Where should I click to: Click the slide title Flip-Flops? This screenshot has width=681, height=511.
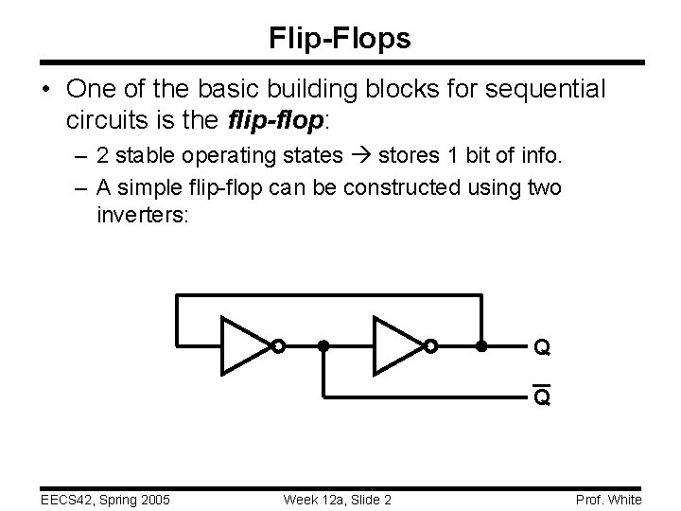point(340,38)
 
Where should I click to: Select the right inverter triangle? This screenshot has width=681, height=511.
point(398,346)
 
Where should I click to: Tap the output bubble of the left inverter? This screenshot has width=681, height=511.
point(277,346)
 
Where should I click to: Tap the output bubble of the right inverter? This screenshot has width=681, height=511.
point(430,346)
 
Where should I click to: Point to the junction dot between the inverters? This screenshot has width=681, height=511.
point(323,346)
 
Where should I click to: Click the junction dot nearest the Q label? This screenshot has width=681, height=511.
point(480,346)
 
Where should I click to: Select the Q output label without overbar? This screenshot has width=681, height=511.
point(542,348)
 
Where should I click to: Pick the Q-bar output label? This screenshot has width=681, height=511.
point(542,397)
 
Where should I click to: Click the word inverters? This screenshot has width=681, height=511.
point(143,215)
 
